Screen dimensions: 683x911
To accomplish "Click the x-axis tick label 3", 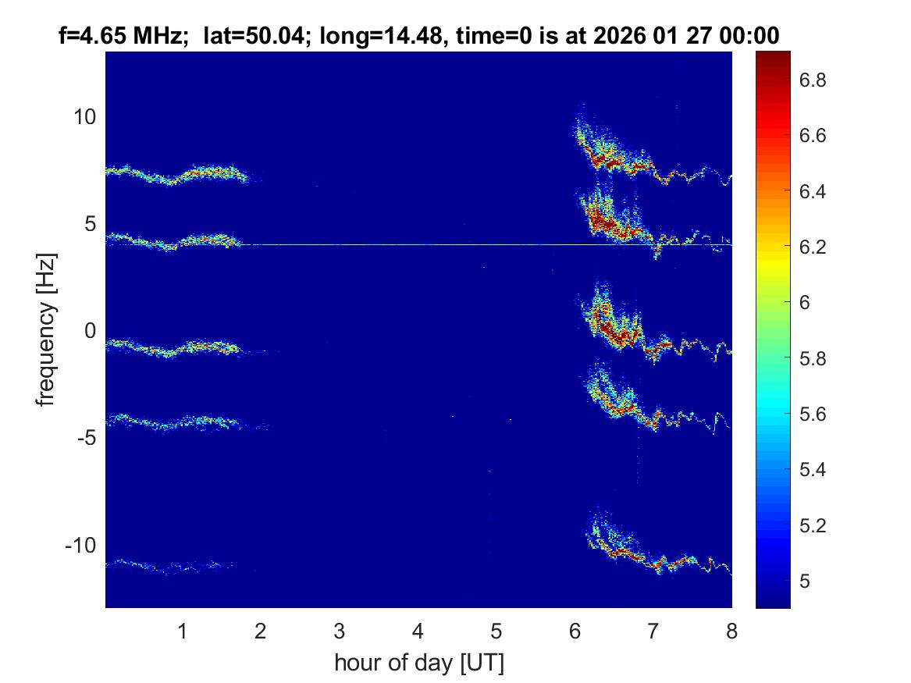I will point(340,631).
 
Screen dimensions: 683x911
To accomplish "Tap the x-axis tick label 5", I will point(496,631).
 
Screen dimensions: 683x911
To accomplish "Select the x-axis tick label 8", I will point(731,631).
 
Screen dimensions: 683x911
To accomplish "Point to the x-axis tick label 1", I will point(183,631).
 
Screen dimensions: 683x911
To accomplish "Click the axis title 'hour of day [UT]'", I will point(418,663).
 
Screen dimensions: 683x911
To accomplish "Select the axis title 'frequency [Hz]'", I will point(47,329).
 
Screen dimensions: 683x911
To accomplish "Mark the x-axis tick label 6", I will point(575,631).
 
